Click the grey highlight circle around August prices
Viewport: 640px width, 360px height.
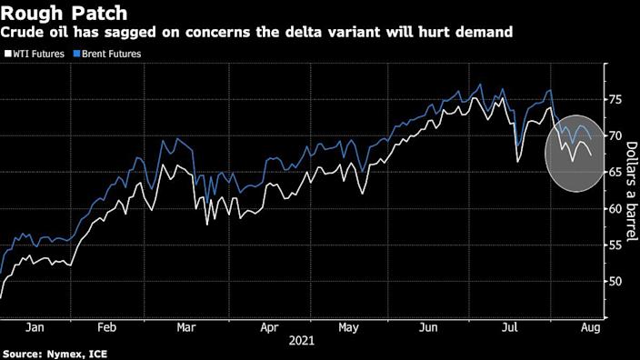(575, 154)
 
